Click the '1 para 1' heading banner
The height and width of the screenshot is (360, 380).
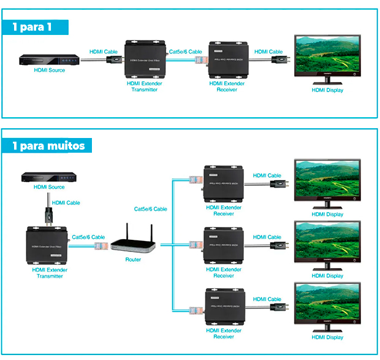point(36,28)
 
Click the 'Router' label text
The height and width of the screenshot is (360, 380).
point(133,259)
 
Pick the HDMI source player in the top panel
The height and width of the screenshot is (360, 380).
point(48,60)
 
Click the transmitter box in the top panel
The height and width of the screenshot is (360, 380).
point(146,59)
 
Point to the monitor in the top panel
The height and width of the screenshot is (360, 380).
point(325,58)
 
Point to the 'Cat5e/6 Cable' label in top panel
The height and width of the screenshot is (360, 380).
point(185,52)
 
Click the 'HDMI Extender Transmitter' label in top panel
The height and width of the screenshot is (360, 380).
point(145,86)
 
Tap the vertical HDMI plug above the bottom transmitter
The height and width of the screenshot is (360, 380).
point(48,213)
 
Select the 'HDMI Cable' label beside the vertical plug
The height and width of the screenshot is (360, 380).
point(66,203)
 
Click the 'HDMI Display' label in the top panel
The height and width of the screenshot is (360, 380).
point(327,90)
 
